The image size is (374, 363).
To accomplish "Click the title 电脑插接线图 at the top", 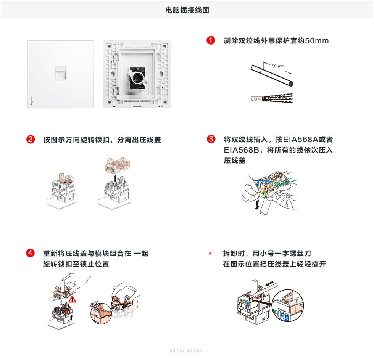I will point(187,10).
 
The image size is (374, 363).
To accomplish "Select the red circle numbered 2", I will point(31,140).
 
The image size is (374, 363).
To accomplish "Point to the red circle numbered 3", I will point(210,140).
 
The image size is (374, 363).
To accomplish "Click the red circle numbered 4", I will point(31,254).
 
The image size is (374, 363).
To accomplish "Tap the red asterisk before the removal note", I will point(210,254).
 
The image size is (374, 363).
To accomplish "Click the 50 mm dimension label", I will point(278,66).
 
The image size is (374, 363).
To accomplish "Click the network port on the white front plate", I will point(60,73).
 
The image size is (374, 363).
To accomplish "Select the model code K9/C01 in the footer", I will point(177,351).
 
